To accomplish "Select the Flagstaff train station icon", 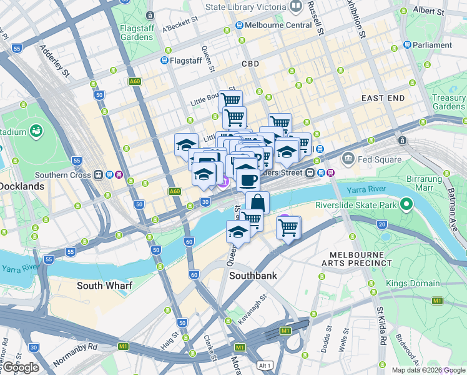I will click(164, 61).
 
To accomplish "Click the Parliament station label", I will click(432, 45).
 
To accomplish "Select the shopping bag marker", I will click(257, 203).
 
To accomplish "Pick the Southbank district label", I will click(253, 275).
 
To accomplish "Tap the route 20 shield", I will click(381, 224).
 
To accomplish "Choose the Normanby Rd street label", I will click(76, 354).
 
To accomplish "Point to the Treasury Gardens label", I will click(449, 102).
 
